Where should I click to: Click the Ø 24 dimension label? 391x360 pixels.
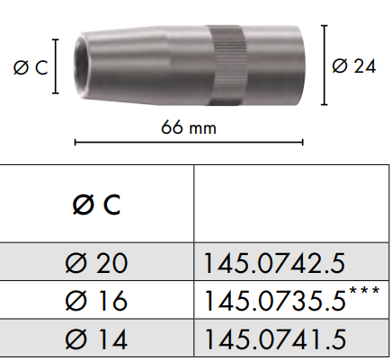[x=353, y=66]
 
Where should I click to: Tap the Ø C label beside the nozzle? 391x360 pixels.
[x=31, y=67]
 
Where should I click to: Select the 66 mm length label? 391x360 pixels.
[x=189, y=127]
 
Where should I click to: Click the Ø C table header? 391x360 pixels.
[x=96, y=205]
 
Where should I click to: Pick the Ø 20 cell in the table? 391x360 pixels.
[x=96, y=263]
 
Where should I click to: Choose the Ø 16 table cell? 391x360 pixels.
[x=96, y=301]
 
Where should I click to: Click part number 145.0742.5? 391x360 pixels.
[x=274, y=263]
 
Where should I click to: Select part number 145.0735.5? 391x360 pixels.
[x=274, y=301]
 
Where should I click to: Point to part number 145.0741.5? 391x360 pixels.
[x=274, y=339]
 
